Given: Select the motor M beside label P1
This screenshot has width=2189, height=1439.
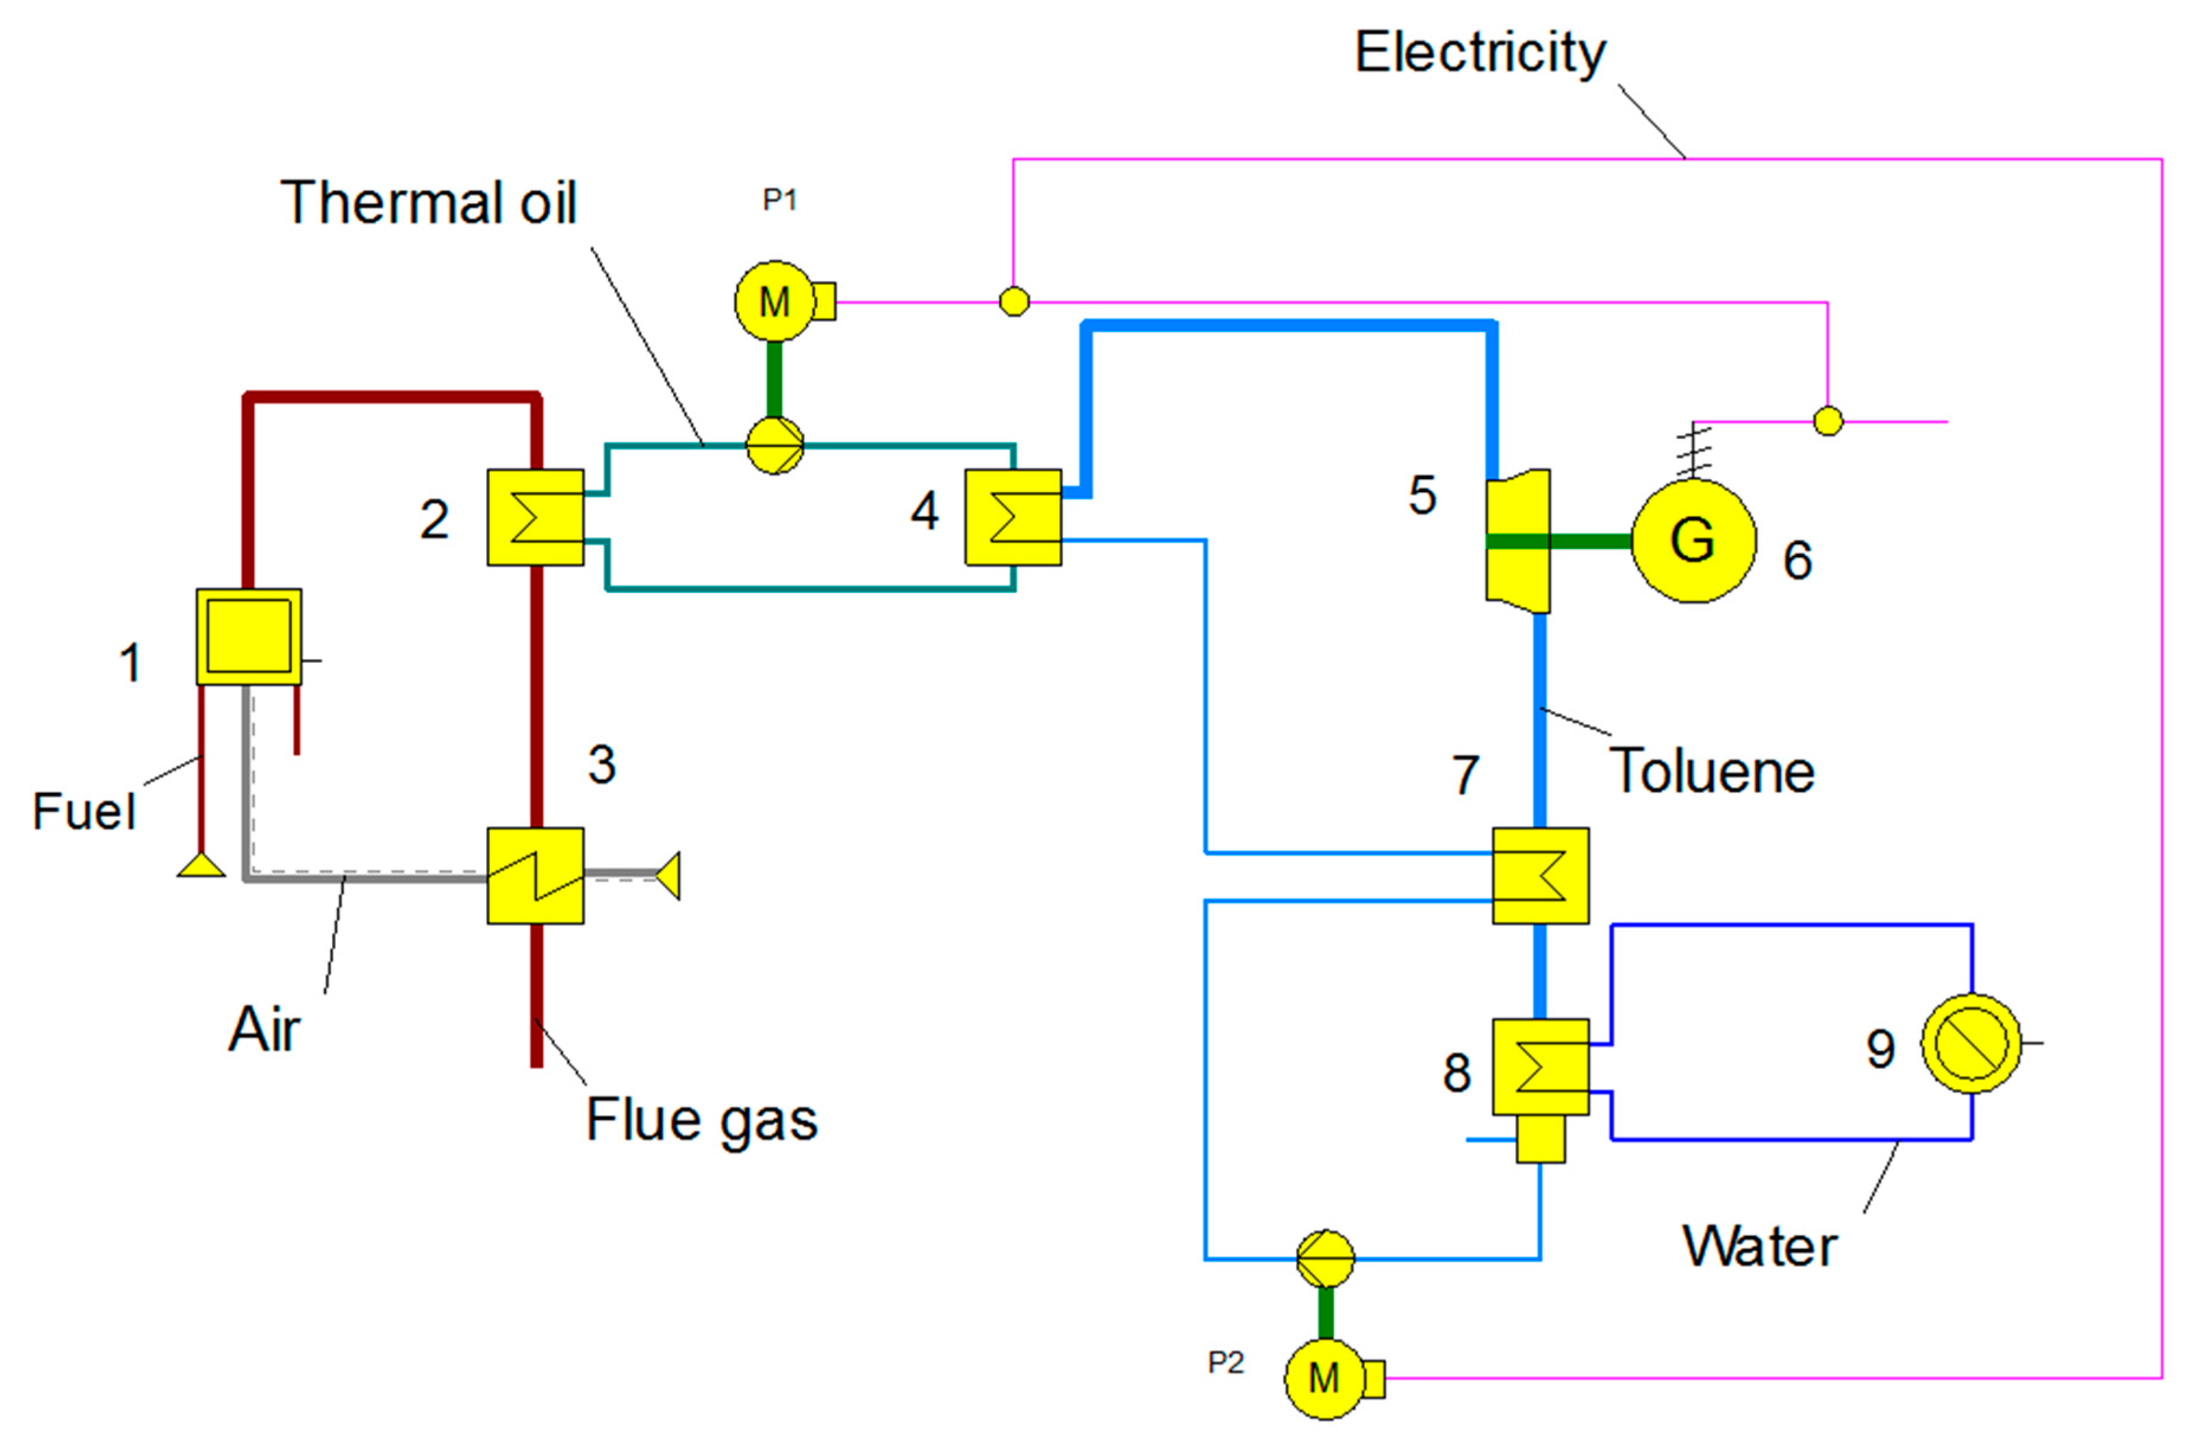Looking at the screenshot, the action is point(774,301).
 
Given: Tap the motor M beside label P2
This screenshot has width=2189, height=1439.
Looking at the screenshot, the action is point(1325,1378).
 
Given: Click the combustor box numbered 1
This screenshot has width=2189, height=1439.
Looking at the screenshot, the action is point(248,637).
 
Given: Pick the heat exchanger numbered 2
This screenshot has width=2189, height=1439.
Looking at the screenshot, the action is point(535,517).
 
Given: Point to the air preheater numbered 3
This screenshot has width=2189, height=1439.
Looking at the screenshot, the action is point(535,876).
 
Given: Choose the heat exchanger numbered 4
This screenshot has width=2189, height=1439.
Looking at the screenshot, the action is point(1012,517).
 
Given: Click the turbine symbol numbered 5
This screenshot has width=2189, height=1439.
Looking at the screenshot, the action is point(1518,541).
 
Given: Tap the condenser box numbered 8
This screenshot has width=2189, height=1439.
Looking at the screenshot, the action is point(1541,1067).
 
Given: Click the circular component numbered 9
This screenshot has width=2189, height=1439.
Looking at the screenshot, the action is point(1971,1043).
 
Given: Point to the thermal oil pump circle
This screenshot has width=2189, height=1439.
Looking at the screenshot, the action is point(774,447).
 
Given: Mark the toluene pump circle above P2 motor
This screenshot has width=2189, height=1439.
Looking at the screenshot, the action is point(1325,1258).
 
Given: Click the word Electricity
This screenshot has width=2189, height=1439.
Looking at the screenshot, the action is point(1480,53).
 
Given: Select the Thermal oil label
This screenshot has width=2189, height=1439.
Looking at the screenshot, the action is point(429,203).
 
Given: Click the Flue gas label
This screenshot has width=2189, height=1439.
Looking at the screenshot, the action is point(702,1120).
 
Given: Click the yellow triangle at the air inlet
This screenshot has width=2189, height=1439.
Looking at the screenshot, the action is point(668,875).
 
